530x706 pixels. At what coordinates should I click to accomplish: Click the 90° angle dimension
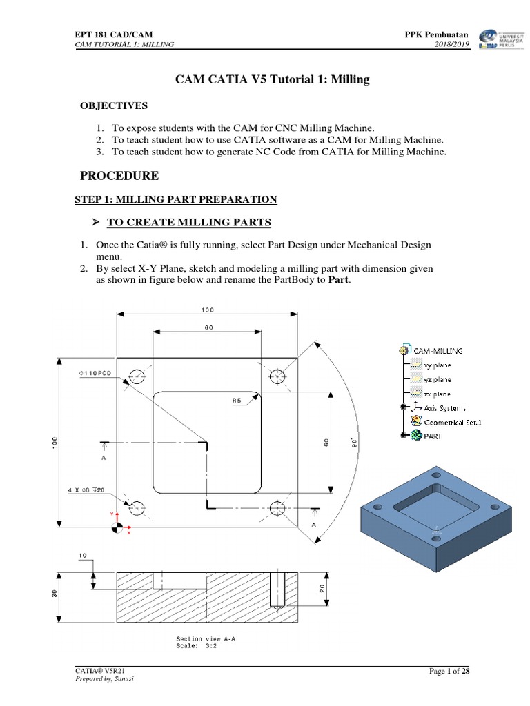(x=354, y=441)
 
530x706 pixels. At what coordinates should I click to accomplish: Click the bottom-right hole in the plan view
(x=278, y=508)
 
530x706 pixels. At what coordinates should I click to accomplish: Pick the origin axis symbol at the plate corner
(x=117, y=527)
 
